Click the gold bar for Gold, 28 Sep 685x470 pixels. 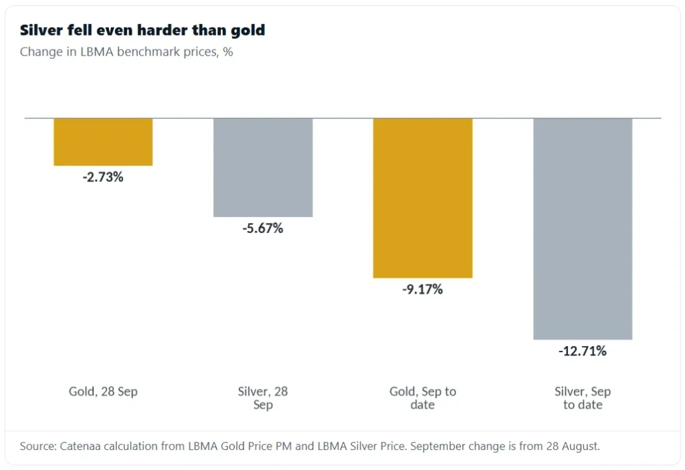(x=103, y=142)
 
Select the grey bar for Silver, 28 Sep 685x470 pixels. (x=263, y=167)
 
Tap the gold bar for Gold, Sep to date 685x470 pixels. (x=423, y=198)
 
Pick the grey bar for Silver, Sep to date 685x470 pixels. (x=583, y=229)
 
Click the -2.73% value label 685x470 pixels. (x=103, y=177)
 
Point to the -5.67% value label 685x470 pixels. (x=263, y=228)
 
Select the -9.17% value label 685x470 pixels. (x=423, y=289)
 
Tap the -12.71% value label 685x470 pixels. (x=583, y=351)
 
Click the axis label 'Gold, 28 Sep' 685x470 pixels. (x=103, y=391)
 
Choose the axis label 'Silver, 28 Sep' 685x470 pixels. (x=263, y=398)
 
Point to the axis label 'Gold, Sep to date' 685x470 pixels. (x=423, y=398)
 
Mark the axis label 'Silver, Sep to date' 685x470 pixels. (x=583, y=398)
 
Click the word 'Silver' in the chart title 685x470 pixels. (x=41, y=30)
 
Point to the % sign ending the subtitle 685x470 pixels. (x=227, y=52)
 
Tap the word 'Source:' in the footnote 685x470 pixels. (x=38, y=447)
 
